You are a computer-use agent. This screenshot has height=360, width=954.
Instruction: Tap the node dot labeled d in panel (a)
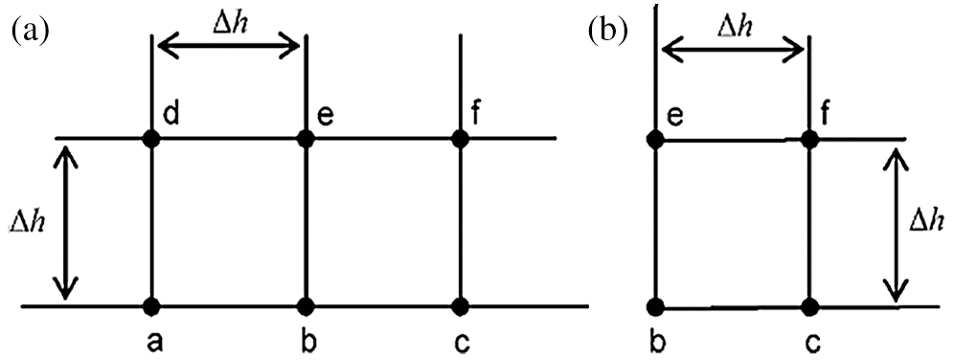pyautogui.click(x=151, y=139)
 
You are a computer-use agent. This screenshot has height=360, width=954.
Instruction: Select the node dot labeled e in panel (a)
pyautogui.click(x=306, y=139)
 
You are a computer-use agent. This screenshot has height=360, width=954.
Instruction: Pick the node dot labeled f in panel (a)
pyautogui.click(x=461, y=139)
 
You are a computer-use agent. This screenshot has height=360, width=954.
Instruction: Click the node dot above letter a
pyautogui.click(x=151, y=306)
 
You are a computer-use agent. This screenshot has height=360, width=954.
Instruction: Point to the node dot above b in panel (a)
pyautogui.click(x=306, y=306)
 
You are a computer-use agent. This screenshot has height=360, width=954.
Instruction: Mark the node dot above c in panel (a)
pyautogui.click(x=461, y=306)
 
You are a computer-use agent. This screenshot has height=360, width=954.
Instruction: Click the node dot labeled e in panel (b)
pyautogui.click(x=655, y=139)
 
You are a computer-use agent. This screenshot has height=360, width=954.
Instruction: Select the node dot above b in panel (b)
pyautogui.click(x=655, y=307)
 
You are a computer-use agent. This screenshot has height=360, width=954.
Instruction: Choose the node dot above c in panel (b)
pyautogui.click(x=810, y=307)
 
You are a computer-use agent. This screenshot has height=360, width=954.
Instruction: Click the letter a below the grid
pyautogui.click(x=151, y=342)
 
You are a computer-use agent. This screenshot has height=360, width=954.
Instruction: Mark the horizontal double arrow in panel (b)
pyautogui.click(x=733, y=47)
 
